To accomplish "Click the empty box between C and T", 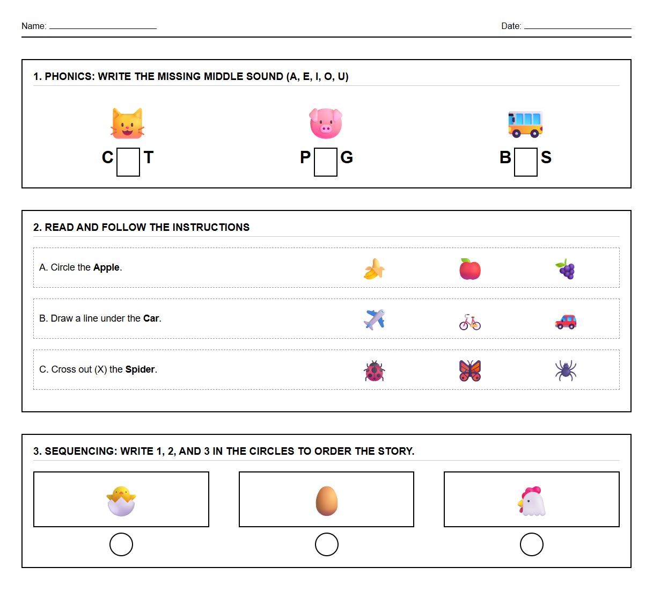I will point(128,162).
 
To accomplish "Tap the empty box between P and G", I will point(326,162).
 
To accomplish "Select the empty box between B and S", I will point(525,162).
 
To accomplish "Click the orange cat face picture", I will point(127,123).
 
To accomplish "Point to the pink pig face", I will point(326,123).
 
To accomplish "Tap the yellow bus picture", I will point(525,124).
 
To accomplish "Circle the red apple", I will point(470,269).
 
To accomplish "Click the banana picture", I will point(374,269).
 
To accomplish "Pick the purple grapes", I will point(566,269).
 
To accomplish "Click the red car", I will point(566,321).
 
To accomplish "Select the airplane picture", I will point(374,320).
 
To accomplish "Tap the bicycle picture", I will point(470,322).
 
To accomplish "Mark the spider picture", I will point(566,370).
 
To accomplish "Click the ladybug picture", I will point(374,371).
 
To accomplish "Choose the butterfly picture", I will point(470,370).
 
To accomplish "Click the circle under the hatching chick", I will point(121,544).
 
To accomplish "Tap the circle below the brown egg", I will point(326,544).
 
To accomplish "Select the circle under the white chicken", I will point(531,544).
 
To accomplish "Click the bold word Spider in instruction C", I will point(140,369).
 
